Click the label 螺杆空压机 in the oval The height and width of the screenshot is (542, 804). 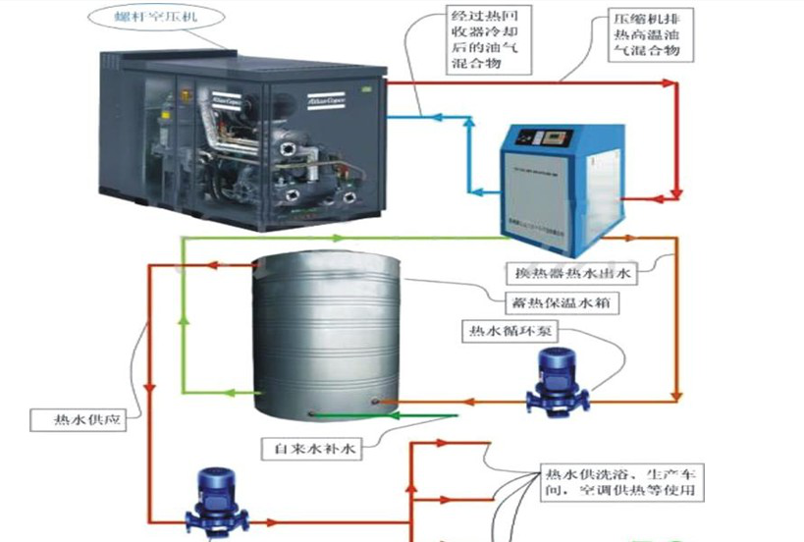click(148, 17)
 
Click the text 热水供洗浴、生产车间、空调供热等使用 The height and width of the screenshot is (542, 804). click(620, 481)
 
